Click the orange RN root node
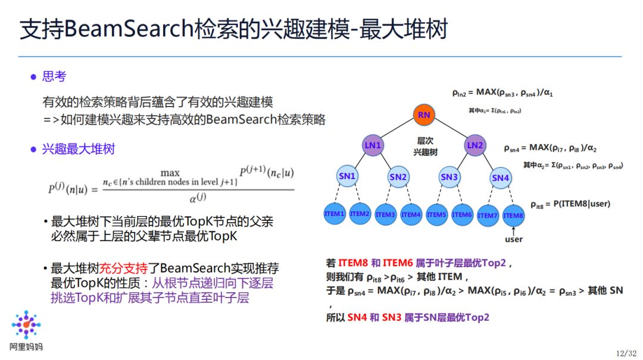pos(424,115)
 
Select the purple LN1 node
pos(373,145)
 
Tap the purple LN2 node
pos(475,145)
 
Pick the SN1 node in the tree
pos(347,176)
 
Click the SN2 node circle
pos(398,177)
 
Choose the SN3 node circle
pos(450,177)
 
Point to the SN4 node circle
pos(501,177)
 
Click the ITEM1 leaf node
pos(335,214)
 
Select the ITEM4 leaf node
pos(411,214)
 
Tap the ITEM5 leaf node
pos(436,214)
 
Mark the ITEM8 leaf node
pos(513,215)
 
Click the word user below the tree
pos(513,239)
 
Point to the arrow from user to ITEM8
pos(513,230)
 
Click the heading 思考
pos(54,77)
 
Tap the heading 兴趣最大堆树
pos(78,149)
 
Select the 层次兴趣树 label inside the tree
pos(425,146)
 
